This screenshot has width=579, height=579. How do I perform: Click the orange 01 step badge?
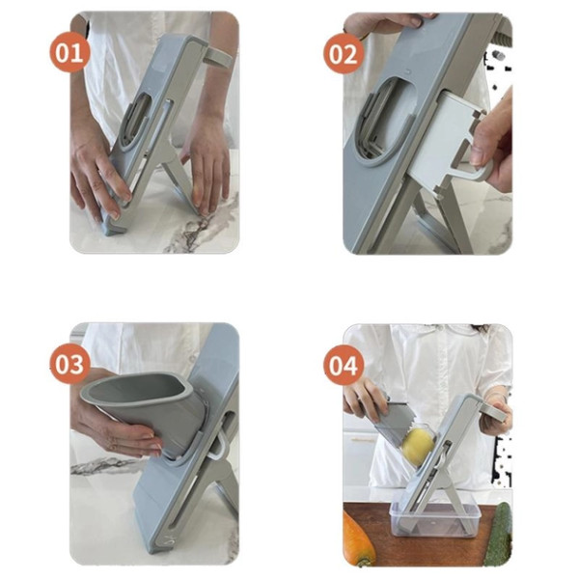[69, 52]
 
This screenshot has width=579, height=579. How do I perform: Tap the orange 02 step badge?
[343, 54]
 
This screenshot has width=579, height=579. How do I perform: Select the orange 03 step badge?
[69, 364]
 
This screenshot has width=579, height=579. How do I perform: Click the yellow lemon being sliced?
[418, 447]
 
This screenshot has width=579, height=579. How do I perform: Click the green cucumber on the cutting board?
[499, 535]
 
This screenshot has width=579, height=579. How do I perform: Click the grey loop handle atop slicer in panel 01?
[219, 58]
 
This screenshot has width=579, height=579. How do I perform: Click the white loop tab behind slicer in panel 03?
[219, 447]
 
